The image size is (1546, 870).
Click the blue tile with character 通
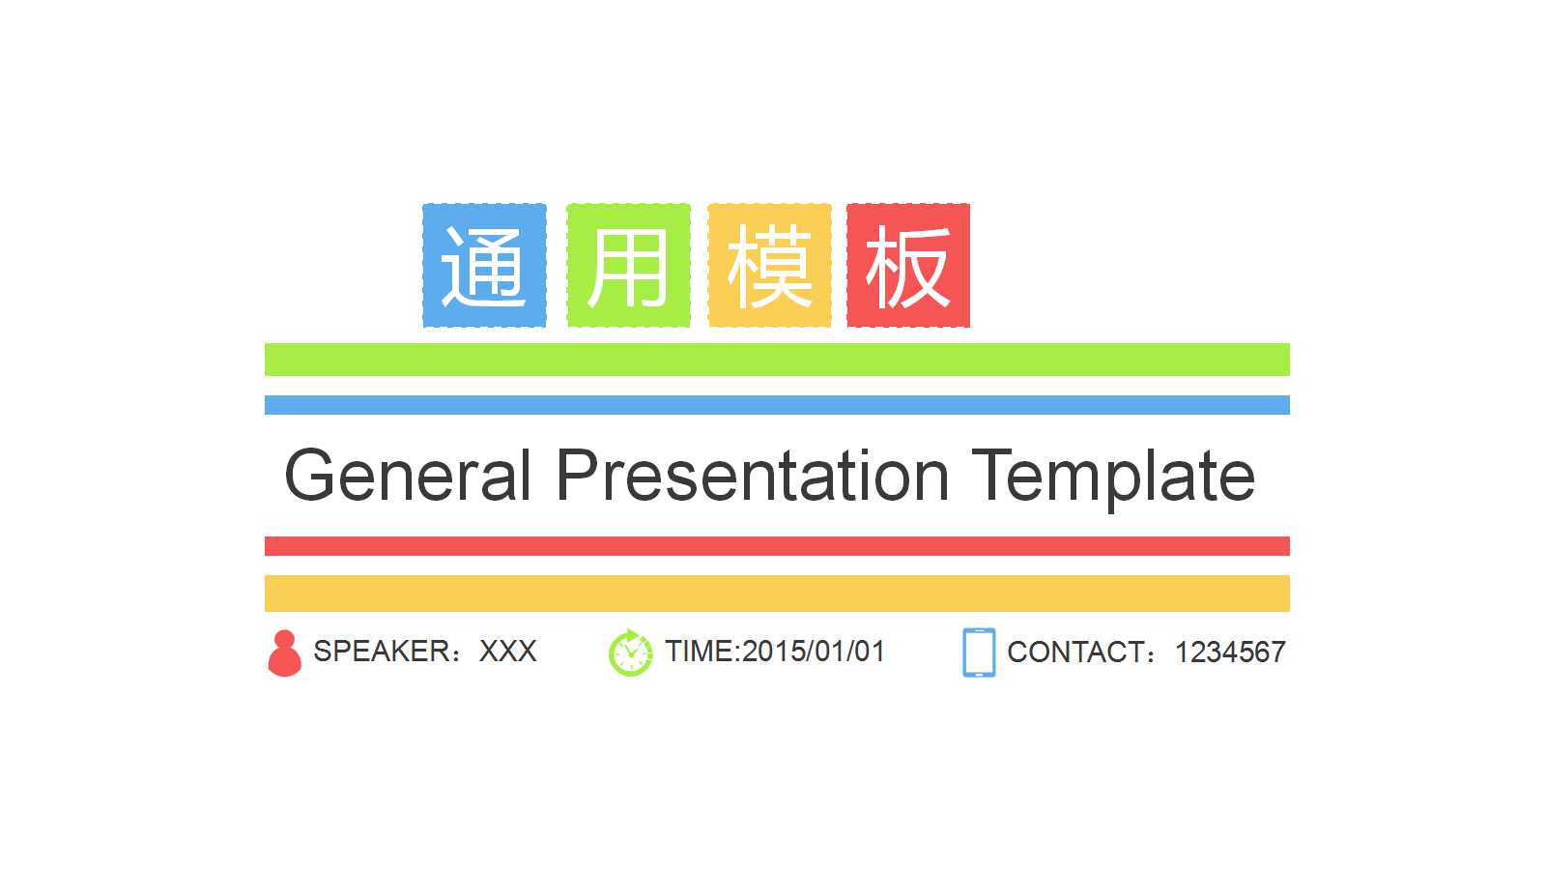click(484, 265)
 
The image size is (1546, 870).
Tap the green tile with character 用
click(629, 265)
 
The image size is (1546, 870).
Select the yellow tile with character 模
click(769, 265)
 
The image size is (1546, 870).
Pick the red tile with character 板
click(908, 265)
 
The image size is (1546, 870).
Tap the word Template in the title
click(1114, 479)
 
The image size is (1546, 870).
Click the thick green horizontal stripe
click(777, 360)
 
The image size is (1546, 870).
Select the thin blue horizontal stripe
click(777, 405)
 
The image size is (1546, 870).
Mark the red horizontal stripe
click(777, 546)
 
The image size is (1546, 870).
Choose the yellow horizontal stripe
click(777, 594)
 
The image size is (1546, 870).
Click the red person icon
click(284, 653)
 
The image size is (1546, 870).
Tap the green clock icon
click(630, 653)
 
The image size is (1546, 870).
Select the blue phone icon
click(980, 652)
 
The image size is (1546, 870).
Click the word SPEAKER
click(382, 652)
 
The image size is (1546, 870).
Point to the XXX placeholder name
click(508, 652)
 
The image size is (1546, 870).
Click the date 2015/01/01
click(814, 652)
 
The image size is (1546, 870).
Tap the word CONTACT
click(1075, 652)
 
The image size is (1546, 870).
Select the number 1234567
click(1231, 652)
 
